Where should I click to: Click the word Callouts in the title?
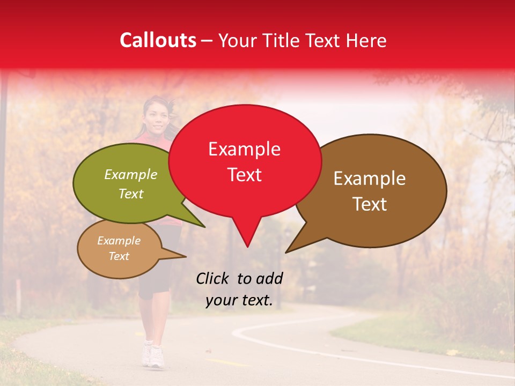pyautogui.click(x=158, y=40)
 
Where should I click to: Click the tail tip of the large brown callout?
pyautogui.click(x=288, y=251)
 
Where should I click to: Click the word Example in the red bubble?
pyautogui.click(x=244, y=149)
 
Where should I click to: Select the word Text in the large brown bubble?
pyautogui.click(x=370, y=204)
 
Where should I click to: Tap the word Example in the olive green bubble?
pyautogui.click(x=130, y=175)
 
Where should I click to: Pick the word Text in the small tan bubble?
pyautogui.click(x=119, y=256)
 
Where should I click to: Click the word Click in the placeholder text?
pyautogui.click(x=214, y=278)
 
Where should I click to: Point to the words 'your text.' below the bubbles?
pyautogui.click(x=239, y=300)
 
